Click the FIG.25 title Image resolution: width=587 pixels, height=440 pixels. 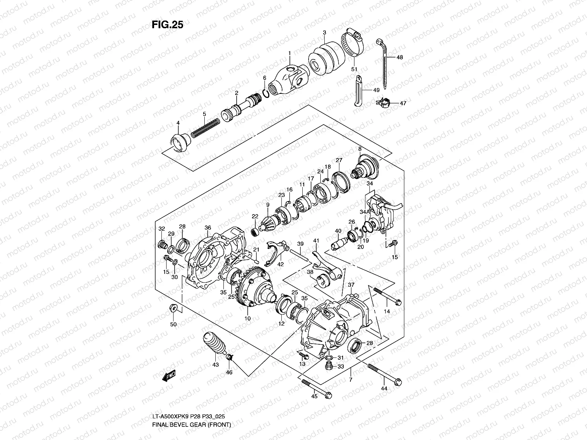167,25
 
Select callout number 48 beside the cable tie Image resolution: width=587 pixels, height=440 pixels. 400,57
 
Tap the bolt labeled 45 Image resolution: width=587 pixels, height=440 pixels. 317,389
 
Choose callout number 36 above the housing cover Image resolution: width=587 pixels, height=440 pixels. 208,228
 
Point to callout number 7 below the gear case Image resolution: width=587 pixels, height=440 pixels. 350,380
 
